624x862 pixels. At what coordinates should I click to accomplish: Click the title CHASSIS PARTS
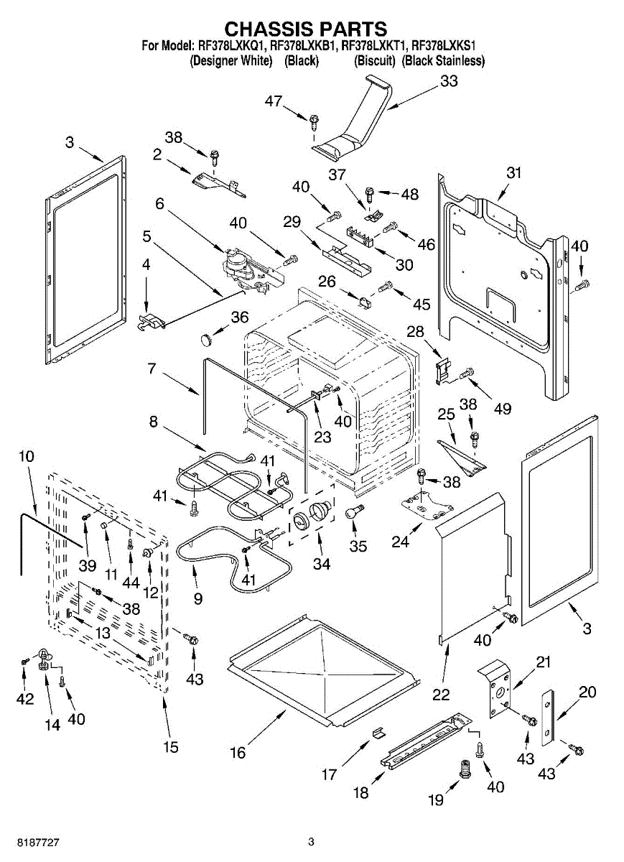tap(306, 29)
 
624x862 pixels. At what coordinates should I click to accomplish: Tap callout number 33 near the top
tap(449, 82)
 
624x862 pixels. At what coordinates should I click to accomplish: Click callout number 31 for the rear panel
tap(513, 173)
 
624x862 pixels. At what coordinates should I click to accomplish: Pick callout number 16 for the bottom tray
tap(238, 752)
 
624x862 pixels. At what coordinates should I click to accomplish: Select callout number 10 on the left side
tap(26, 455)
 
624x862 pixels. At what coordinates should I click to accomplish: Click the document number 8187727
tap(27, 842)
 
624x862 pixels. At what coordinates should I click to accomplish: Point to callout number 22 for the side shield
tap(441, 694)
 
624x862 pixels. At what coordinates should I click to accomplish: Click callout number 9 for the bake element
tap(198, 598)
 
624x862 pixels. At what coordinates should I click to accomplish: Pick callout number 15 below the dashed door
tap(170, 747)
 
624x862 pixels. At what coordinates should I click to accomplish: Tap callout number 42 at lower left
tap(25, 699)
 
